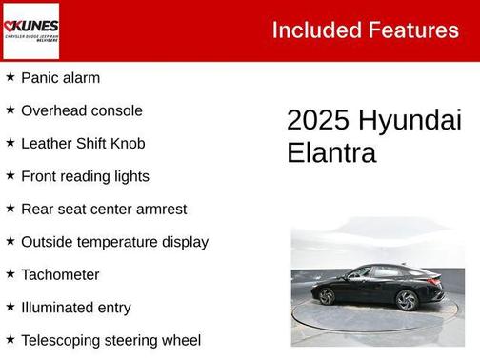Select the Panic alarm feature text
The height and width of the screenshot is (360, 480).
click(60, 78)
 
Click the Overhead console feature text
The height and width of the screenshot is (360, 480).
click(81, 110)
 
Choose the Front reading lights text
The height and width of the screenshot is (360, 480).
click(85, 176)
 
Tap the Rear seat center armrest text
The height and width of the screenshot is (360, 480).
click(104, 209)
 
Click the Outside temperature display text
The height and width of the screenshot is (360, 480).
click(114, 242)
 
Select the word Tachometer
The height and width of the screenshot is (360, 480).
click(60, 274)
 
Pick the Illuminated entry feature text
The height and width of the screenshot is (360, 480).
click(76, 308)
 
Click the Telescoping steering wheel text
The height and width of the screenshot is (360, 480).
click(110, 340)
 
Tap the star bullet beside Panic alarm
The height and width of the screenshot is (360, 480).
click(10, 77)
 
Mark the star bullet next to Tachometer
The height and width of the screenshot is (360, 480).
click(10, 273)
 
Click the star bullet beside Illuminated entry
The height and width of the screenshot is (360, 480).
click(10, 307)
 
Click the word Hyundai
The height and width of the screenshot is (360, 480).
click(410, 121)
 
